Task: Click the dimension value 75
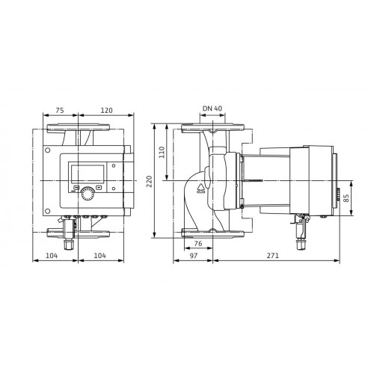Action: click(60, 110)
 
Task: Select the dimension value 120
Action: click(106, 110)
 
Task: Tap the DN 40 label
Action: click(212, 108)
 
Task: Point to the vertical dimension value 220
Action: click(149, 182)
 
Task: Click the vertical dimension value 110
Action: click(162, 152)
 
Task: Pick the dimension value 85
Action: click(346, 198)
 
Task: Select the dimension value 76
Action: click(198, 243)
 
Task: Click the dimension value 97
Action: click(194, 256)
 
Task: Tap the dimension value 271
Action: click(273, 256)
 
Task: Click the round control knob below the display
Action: click(88, 194)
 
